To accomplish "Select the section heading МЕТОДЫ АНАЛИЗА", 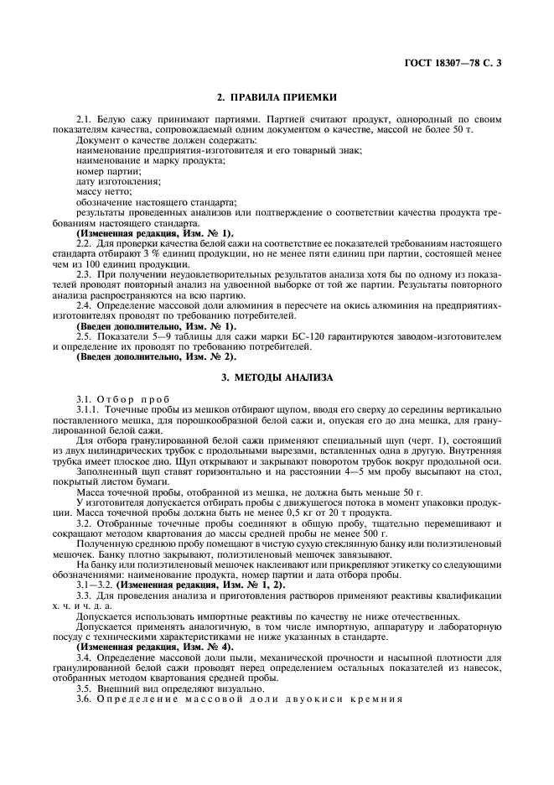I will click(x=277, y=377).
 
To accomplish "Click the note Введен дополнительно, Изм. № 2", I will click(x=145, y=346).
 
